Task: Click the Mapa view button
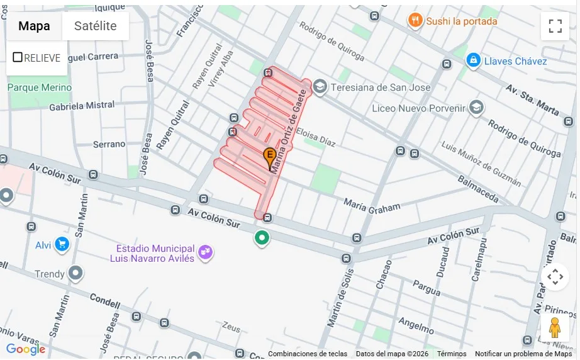click(x=34, y=26)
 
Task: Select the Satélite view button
click(x=96, y=26)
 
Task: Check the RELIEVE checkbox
click(x=18, y=57)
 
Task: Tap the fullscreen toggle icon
click(x=555, y=26)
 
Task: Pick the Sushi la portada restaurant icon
click(x=415, y=21)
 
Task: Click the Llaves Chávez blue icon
click(x=473, y=60)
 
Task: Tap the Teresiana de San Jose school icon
click(x=320, y=87)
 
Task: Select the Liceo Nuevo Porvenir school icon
click(x=476, y=108)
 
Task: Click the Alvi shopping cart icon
click(x=61, y=244)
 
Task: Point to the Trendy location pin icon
click(x=76, y=273)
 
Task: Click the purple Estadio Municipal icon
click(x=205, y=252)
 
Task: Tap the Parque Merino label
click(x=40, y=87)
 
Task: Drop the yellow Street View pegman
click(x=554, y=328)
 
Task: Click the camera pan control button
click(x=555, y=276)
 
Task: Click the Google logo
click(x=26, y=349)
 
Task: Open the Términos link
click(x=452, y=354)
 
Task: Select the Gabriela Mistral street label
click(x=82, y=106)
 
